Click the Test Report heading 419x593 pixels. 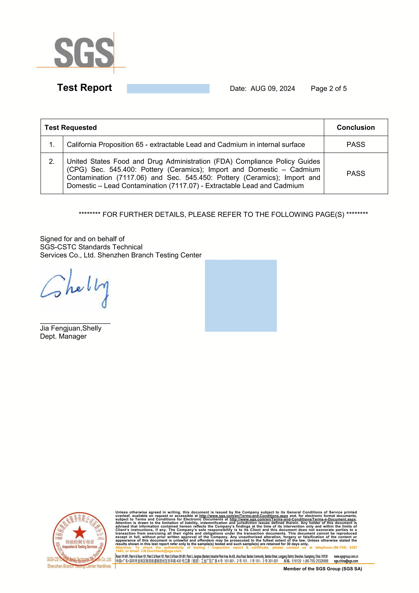coord(84,88)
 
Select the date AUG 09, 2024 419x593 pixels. coord(273,89)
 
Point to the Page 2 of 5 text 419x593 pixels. coord(328,89)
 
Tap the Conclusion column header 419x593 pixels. coord(356,128)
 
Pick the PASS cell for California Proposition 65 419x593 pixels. coord(356,144)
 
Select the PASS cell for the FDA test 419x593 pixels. coord(356,173)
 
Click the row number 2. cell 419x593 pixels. coord(52,162)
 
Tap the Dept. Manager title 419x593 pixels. coord(63,337)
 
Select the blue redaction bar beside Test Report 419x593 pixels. coord(168,89)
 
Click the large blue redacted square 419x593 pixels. coord(241,296)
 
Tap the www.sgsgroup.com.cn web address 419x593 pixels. coord(346,557)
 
